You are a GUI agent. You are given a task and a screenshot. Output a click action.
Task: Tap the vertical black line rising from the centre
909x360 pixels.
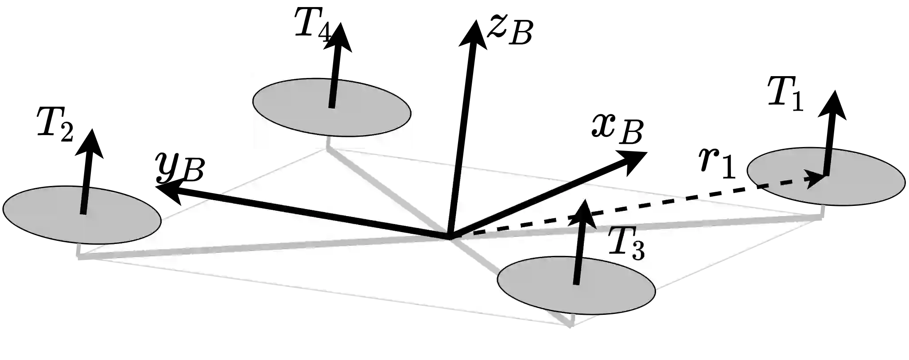(x=456, y=199)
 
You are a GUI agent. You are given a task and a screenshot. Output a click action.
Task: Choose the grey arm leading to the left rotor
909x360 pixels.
(x=266, y=245)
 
